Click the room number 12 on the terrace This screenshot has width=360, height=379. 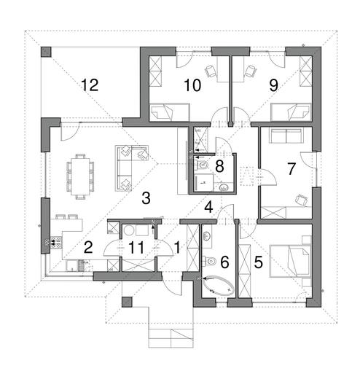pyautogui.click(x=90, y=85)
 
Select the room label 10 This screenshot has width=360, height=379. pyautogui.click(x=192, y=85)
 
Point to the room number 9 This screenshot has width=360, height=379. pyautogui.click(x=273, y=85)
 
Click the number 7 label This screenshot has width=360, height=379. pyautogui.click(x=291, y=169)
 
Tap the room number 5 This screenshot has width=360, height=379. pyautogui.click(x=259, y=262)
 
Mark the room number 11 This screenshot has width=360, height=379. pyautogui.click(x=137, y=248)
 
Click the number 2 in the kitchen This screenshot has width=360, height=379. pyautogui.click(x=87, y=246)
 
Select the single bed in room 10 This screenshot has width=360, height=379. pyautogui.click(x=170, y=112)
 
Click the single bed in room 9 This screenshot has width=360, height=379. pyautogui.click(x=291, y=112)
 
